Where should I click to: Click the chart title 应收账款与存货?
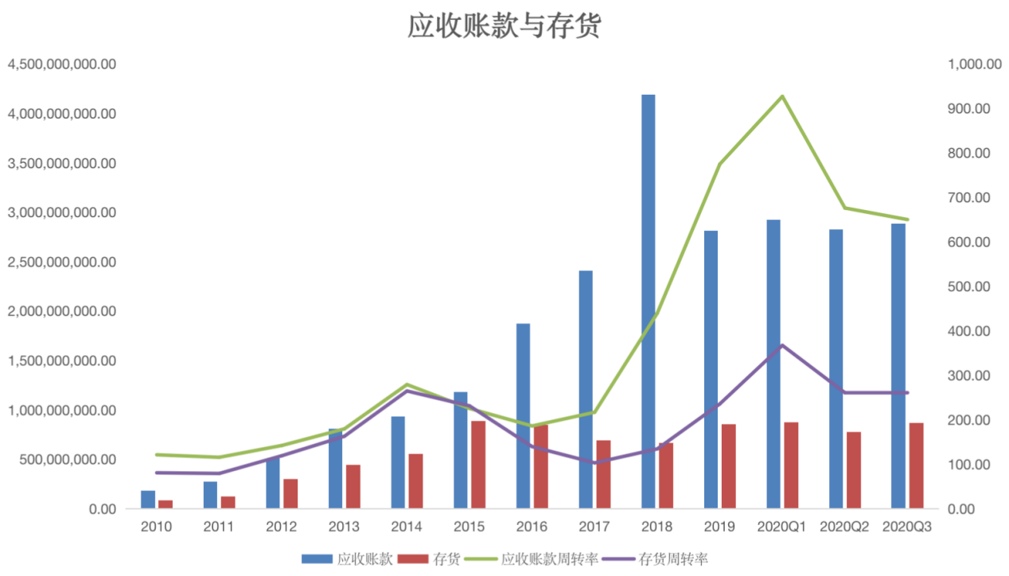[505, 25]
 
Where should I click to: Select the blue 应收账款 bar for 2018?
[649, 302]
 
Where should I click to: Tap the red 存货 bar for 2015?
[478, 465]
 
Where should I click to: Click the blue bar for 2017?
[586, 390]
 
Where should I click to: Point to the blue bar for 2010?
[148, 500]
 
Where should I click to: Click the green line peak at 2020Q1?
[782, 96]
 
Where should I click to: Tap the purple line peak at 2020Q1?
[782, 345]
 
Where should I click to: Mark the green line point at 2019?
[719, 164]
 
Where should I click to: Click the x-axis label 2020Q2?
[845, 527]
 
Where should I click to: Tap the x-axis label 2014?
[407, 527]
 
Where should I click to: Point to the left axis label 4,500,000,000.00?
[62, 64]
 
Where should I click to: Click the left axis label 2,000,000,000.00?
[62, 311]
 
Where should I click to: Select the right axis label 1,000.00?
[973, 64]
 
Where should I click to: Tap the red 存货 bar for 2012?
[290, 493]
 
